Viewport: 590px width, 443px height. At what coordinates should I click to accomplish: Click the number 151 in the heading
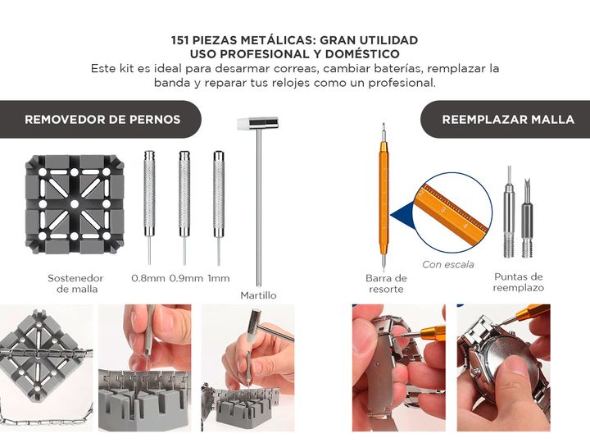(x=179, y=40)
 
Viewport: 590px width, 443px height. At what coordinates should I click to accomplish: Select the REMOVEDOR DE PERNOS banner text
(x=102, y=120)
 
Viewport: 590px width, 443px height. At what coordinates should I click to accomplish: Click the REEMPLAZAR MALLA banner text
(x=508, y=120)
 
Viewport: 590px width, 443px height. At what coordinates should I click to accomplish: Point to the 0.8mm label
(x=148, y=278)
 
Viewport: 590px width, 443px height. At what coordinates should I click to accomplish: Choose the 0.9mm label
(x=186, y=278)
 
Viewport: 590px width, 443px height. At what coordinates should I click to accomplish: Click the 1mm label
(x=219, y=278)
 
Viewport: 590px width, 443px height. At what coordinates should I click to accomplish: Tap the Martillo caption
(x=258, y=295)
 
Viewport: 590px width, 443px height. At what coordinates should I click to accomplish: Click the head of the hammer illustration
(x=258, y=124)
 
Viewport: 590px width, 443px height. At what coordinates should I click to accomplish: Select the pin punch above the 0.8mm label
(x=149, y=208)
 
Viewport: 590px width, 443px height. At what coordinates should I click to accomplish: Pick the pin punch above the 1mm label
(x=219, y=208)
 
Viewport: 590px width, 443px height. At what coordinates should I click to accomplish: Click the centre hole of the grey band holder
(x=75, y=204)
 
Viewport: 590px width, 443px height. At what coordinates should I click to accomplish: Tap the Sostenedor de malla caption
(x=75, y=284)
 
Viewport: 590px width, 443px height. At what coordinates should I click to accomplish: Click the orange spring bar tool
(x=383, y=197)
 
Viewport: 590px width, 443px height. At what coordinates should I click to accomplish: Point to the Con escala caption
(x=447, y=264)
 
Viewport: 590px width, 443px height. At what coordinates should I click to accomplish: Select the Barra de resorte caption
(x=386, y=284)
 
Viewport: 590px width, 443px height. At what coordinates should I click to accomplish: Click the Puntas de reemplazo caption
(x=519, y=282)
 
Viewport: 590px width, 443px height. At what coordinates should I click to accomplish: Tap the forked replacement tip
(x=527, y=218)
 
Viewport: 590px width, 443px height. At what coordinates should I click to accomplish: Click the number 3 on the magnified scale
(x=443, y=209)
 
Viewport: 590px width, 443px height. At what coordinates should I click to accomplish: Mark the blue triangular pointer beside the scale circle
(x=402, y=216)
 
